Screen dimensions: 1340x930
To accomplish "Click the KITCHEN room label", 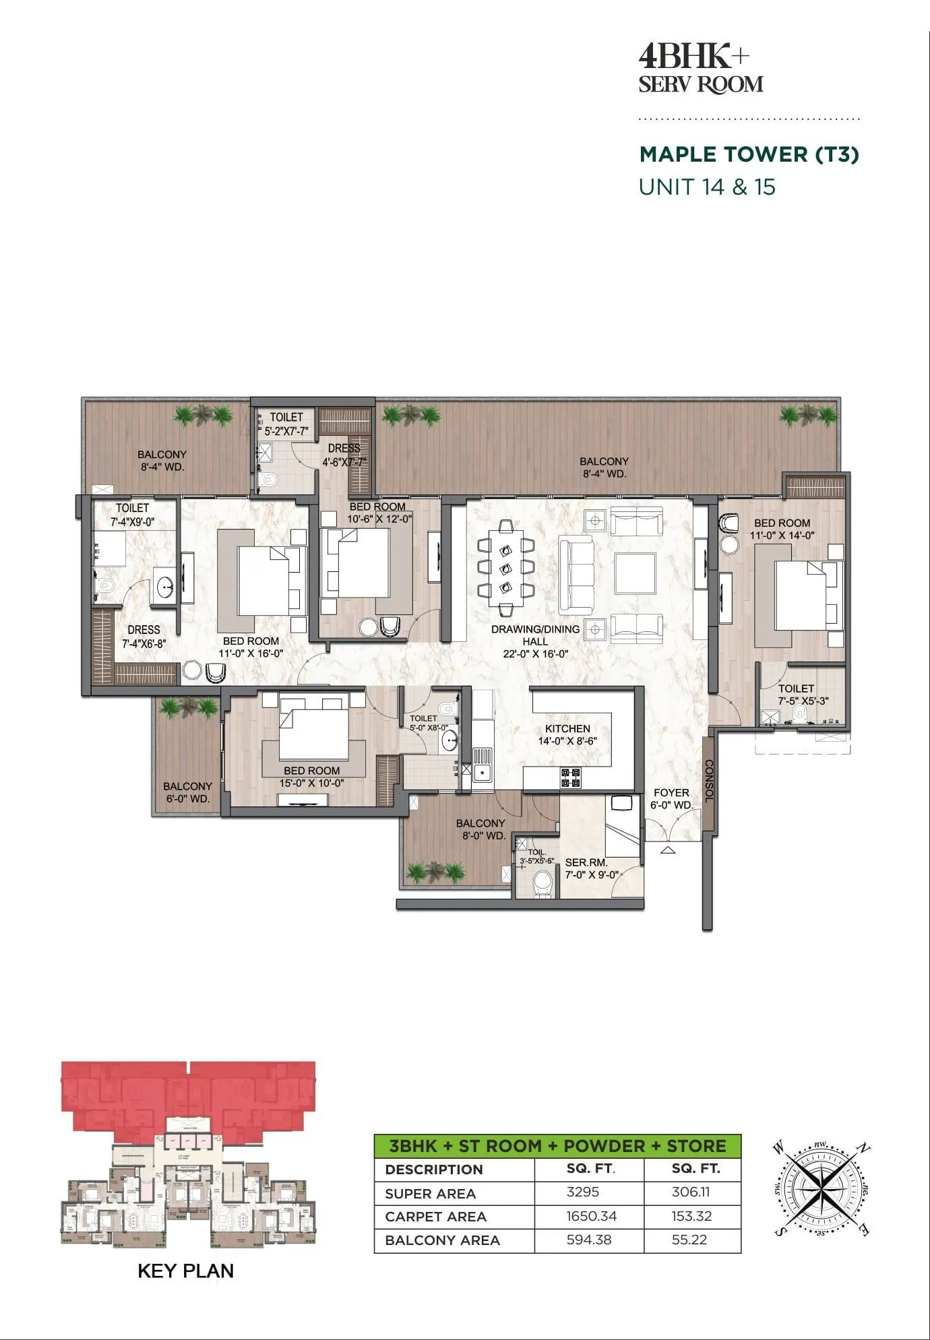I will click(x=567, y=728).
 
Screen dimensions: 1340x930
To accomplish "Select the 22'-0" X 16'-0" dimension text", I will click(x=535, y=653).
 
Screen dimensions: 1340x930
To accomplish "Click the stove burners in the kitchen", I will click(x=571, y=777).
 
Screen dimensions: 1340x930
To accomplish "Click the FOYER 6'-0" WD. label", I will click(x=671, y=799).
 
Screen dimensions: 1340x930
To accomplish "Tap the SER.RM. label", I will click(x=586, y=862).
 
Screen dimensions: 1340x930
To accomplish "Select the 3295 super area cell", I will click(x=582, y=1191).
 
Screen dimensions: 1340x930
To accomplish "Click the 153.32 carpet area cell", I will click(x=691, y=1215).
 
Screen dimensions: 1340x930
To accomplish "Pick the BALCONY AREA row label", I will click(x=442, y=1240).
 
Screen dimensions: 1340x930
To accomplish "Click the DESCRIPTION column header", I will click(x=434, y=1170).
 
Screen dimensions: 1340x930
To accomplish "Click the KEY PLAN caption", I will click(x=185, y=1271).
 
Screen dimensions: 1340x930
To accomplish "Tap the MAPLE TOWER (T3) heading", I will click(x=749, y=154).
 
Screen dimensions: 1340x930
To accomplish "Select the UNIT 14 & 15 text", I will click(x=707, y=187).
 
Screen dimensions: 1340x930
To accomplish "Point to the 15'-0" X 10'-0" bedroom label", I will click(x=311, y=783).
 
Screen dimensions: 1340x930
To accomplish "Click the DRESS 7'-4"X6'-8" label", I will click(x=144, y=637).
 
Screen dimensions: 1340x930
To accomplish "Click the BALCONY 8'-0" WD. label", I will click(x=480, y=829).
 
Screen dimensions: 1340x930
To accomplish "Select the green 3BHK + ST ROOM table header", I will click(x=557, y=1146).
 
